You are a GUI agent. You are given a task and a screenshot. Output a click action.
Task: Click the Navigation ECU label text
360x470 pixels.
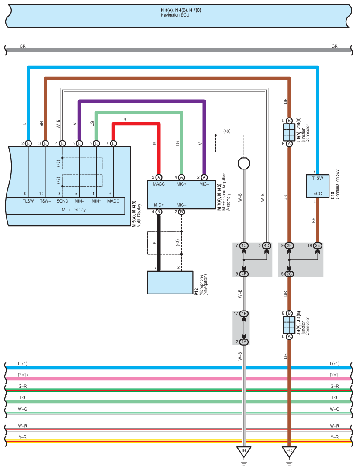tap(175, 15)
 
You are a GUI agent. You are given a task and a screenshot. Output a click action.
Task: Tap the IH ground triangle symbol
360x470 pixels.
tap(244, 452)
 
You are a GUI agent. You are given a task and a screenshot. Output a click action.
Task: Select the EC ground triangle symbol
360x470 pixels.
tap(289, 452)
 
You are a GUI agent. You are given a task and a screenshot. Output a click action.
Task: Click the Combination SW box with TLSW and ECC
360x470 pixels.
tap(318, 186)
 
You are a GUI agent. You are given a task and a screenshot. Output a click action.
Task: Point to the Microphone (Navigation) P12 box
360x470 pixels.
tap(170, 283)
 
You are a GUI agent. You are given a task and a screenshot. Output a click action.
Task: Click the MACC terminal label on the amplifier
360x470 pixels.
tap(159, 184)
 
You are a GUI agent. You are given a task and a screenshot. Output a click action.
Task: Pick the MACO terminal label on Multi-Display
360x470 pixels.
tap(113, 201)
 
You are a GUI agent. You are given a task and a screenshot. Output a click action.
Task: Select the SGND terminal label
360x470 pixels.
tap(62, 201)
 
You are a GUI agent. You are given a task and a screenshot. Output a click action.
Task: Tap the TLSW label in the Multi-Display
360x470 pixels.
tap(28, 201)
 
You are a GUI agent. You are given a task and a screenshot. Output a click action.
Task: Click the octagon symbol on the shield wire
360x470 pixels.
tap(244, 163)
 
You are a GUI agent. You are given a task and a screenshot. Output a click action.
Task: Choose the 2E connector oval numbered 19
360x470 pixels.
tap(318, 246)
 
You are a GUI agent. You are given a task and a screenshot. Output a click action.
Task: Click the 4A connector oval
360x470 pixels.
tap(244, 342)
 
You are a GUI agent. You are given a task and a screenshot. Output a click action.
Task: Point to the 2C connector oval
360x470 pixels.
tap(289, 274)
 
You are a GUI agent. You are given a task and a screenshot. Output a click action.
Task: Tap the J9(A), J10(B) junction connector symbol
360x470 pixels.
tap(289, 132)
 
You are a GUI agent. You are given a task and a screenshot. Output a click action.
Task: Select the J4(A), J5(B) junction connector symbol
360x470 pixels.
tap(289, 325)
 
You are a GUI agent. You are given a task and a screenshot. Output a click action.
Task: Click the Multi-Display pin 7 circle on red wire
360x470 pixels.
tap(113, 143)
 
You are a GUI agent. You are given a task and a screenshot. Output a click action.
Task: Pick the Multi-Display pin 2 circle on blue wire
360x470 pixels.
tap(28, 143)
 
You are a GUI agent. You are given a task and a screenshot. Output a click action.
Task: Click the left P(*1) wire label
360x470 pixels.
tap(22, 375)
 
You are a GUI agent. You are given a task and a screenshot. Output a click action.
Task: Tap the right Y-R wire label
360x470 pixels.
tap(335, 437)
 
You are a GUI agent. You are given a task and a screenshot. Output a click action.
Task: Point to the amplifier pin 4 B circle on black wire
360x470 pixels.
tap(159, 212)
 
